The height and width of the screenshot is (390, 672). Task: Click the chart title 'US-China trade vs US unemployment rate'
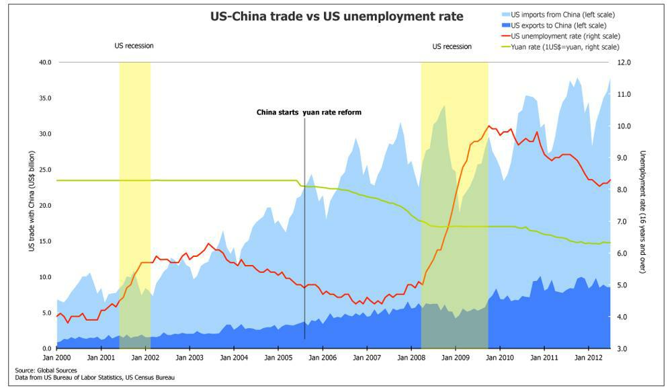coord(337,16)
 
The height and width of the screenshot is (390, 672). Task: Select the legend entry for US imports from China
coord(562,14)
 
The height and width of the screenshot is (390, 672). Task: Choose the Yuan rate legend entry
coord(564,46)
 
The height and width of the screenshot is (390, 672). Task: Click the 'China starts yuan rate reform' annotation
coord(309,112)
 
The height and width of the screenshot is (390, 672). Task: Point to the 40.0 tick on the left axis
coord(45,62)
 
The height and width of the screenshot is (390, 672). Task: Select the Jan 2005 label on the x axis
coord(277,358)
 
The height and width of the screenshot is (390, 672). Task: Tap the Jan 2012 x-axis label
coord(589,358)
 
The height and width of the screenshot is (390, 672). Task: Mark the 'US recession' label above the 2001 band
coord(134,46)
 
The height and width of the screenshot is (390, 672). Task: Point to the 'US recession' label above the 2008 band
coord(452,46)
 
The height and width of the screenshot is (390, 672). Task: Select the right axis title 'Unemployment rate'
coord(643,212)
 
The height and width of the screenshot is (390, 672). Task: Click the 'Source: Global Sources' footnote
coord(46,370)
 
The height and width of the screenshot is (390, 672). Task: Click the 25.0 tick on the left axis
coord(45,169)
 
